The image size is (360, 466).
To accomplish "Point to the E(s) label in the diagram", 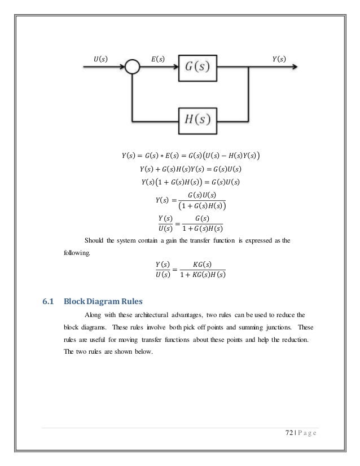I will click(158, 58).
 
